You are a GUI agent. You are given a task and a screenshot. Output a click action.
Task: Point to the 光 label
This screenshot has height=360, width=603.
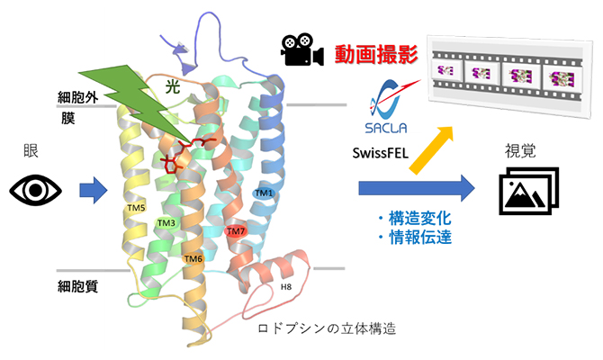[x=171, y=86]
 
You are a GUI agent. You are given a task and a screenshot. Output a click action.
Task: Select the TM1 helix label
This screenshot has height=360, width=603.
[x=263, y=193]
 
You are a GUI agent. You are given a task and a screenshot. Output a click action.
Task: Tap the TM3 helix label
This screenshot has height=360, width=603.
[x=166, y=222]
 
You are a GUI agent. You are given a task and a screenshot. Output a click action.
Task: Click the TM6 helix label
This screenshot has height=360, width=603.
[x=193, y=259]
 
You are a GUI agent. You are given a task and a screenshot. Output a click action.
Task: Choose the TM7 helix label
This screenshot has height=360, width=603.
[x=236, y=231]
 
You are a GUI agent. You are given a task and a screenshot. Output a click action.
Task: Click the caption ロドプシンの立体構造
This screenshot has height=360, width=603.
[x=327, y=328]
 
